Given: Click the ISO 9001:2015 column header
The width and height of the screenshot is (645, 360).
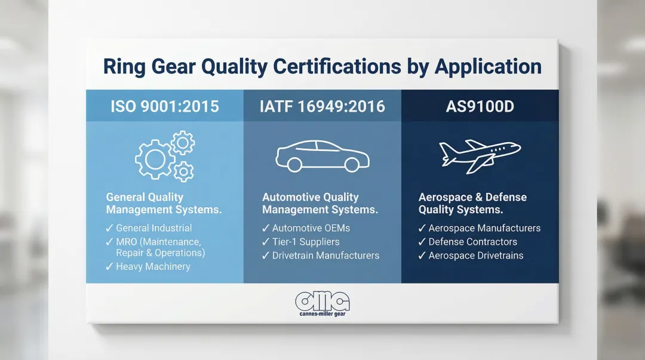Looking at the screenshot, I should [x=164, y=106].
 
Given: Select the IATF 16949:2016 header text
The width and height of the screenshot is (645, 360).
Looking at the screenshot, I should [x=322, y=106].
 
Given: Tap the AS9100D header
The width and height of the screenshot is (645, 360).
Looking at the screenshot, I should [x=480, y=106].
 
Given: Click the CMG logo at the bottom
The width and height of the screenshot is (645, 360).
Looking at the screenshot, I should [x=322, y=301].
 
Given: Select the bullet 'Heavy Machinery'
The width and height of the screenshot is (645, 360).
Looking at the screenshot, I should [x=153, y=266].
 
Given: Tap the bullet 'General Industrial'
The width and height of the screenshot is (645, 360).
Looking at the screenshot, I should [x=154, y=228].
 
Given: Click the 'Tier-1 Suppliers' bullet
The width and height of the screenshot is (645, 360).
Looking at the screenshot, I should [x=306, y=242].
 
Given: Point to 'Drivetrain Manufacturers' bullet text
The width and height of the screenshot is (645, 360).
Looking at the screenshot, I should [x=325, y=256].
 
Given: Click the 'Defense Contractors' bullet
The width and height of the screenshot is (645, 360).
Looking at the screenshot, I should [x=472, y=242].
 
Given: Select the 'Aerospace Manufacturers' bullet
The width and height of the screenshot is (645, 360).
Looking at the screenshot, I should [x=484, y=228].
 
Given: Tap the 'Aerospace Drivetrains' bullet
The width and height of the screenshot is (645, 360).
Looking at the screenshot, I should [x=476, y=256].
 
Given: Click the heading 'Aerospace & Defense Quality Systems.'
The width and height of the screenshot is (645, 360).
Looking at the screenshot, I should [x=472, y=203].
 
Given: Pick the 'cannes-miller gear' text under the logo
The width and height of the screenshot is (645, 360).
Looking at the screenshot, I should [x=322, y=313].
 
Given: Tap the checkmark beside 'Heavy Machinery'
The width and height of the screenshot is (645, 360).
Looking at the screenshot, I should [x=109, y=266].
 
